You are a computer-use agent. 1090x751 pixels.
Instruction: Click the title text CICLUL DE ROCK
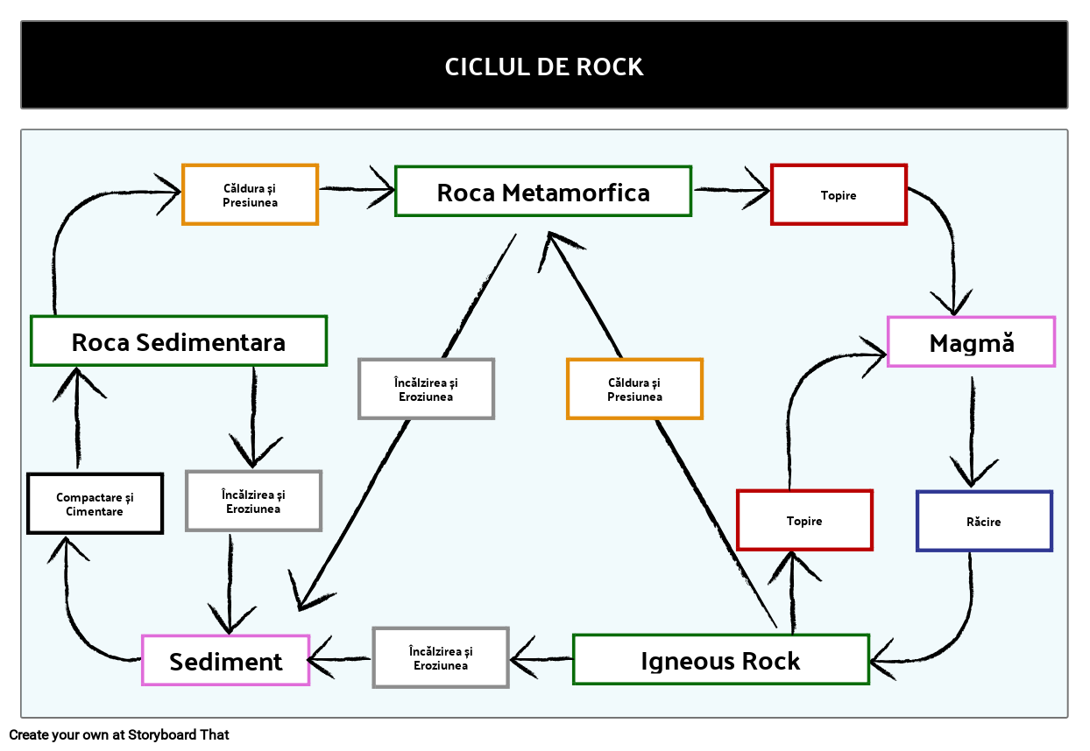coord(544,67)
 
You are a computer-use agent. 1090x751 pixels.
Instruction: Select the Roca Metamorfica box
coord(543,191)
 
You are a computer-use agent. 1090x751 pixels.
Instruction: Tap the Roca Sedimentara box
coord(179,340)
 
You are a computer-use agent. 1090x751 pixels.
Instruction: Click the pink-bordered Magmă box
coord(971,341)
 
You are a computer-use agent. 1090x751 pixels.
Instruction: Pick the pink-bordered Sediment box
coord(226,660)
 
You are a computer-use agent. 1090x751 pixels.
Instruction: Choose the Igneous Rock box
coord(720,659)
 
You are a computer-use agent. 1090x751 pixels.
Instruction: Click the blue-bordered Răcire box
coord(984,521)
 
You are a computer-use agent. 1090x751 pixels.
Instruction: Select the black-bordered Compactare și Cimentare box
coord(95,503)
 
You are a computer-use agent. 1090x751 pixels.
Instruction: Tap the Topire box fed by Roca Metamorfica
coord(839,194)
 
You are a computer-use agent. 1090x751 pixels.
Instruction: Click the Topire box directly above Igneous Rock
coord(804,520)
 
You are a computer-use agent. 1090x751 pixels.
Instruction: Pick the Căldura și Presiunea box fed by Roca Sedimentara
coord(250,194)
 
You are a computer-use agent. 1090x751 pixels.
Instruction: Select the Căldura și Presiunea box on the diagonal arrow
coord(634,389)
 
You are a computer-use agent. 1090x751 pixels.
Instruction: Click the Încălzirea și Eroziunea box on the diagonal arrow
coord(426,389)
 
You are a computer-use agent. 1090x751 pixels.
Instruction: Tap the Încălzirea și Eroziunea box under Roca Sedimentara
coord(254,501)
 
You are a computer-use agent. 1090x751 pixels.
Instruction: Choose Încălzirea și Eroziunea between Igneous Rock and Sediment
coord(441,657)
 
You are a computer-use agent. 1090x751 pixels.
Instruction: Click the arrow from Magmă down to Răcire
coord(972,429)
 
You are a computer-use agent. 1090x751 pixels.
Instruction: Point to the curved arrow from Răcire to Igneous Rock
coord(955,630)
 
